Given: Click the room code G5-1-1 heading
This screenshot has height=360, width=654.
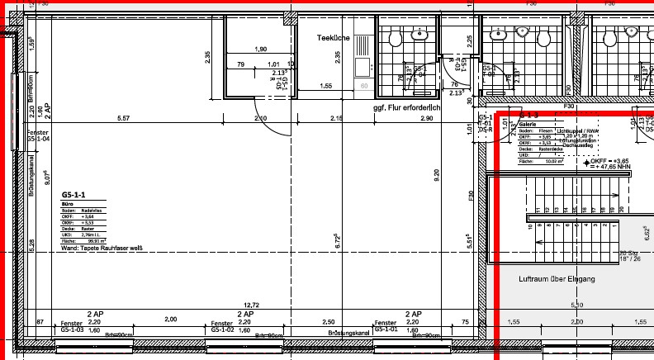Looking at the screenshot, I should click(x=73, y=195).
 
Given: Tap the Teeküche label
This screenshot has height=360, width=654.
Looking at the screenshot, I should click(x=334, y=38).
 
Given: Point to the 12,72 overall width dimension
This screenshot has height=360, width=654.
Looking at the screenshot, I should click(x=251, y=304).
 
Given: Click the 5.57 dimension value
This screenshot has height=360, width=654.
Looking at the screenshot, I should click(x=125, y=119).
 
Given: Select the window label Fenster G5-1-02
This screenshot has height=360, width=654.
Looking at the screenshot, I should click(x=224, y=327).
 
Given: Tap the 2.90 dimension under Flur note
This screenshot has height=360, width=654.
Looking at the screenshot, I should click(x=426, y=119).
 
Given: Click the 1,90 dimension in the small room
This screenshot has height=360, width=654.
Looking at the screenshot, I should click(x=261, y=50).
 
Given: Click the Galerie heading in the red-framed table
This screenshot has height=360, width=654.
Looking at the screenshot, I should click(x=528, y=124).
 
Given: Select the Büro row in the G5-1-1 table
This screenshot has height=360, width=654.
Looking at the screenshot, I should click(x=69, y=204).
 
